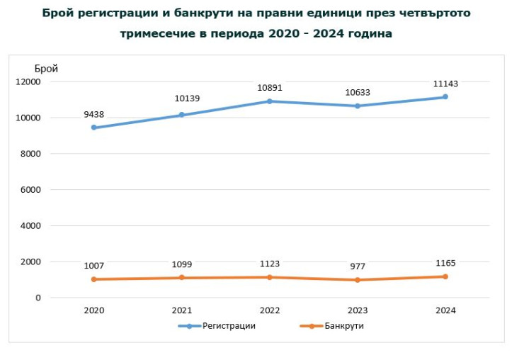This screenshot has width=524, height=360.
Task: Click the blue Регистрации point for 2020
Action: pos(93,128)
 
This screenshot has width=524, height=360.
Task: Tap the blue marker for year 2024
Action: pos(445,97)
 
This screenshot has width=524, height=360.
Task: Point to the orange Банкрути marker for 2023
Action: pos(358,280)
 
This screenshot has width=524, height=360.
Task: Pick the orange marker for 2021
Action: pos(181,278)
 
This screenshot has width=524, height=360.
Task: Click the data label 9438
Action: pos(93,113)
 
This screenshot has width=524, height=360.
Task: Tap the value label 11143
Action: pos(445,84)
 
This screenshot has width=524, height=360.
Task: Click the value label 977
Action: pos(358,267)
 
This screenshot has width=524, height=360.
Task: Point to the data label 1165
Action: pos(445,264)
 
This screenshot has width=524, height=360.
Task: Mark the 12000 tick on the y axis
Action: pos(28,81)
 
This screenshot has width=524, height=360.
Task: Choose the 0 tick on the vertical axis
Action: pos(38,298)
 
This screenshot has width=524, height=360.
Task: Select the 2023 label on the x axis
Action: pos(358,310)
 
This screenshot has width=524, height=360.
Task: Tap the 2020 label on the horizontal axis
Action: pos(93,310)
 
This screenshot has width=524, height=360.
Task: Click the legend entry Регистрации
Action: pos(229,326)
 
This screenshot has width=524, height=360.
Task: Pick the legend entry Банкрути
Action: pos(344,326)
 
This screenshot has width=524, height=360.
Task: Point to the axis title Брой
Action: pos(46,68)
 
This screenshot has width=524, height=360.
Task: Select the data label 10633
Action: pos(358,92)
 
